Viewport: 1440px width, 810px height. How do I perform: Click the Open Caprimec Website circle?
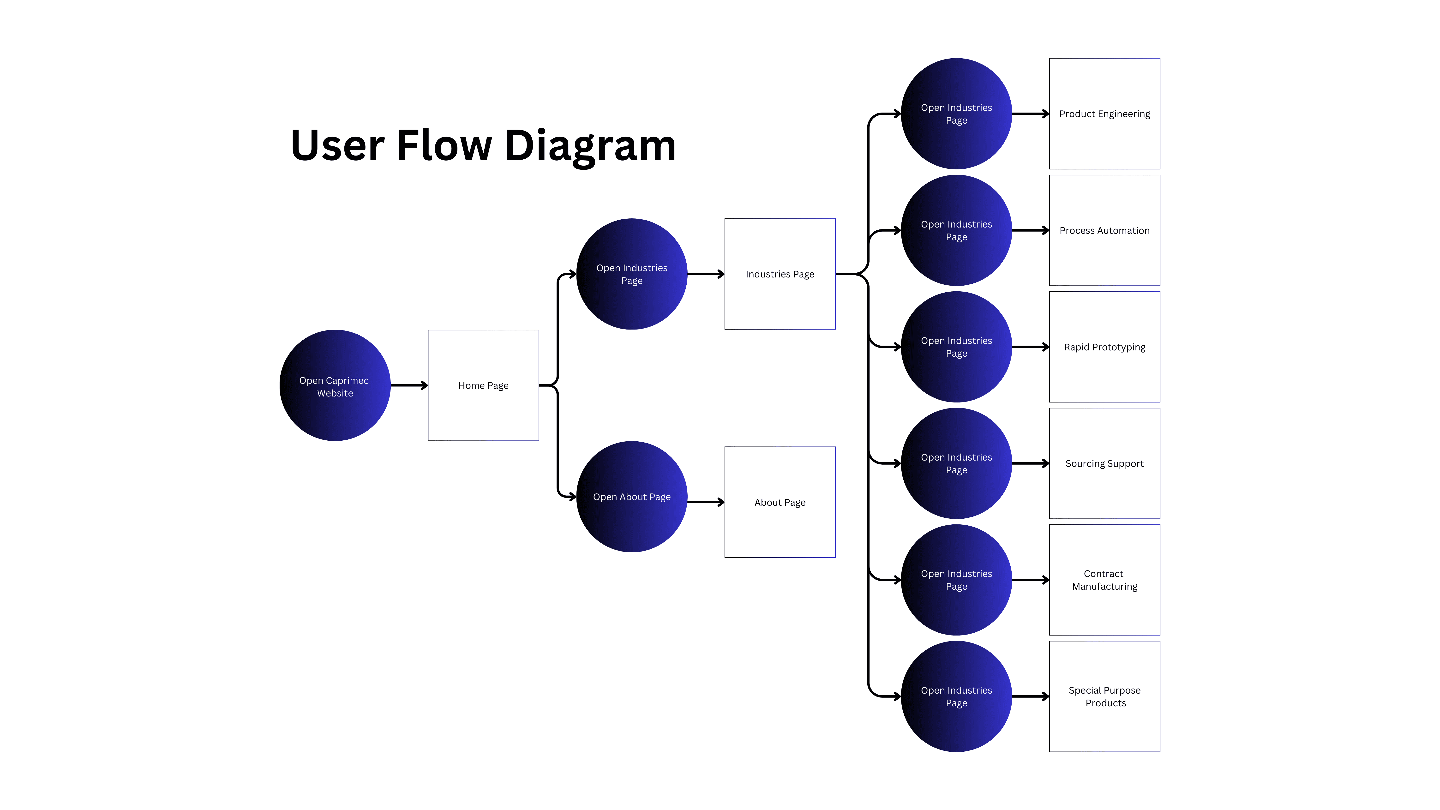coord(335,386)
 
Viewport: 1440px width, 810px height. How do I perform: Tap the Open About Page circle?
coord(632,497)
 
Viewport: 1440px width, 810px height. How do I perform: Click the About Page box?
coord(780,502)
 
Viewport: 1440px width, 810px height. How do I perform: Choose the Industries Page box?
coord(780,274)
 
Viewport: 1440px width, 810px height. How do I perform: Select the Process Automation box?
coord(1104,230)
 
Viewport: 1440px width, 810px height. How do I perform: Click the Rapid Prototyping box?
coord(1104,347)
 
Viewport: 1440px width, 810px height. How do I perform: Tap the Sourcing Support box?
coord(1104,463)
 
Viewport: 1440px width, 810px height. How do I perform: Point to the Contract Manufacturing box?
coord(1104,580)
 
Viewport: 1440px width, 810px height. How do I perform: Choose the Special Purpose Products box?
coord(1104,696)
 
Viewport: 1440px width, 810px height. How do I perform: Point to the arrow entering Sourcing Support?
coord(1030,463)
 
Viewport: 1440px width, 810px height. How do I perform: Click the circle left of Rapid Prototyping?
coord(956,347)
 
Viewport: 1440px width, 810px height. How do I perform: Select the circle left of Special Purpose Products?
coord(956,696)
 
